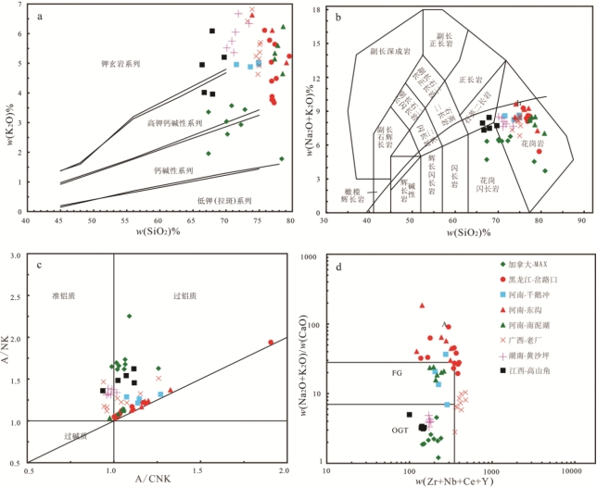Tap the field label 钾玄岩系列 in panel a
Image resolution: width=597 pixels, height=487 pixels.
(x=121, y=64)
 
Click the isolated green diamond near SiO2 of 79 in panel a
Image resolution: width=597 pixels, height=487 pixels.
(x=282, y=159)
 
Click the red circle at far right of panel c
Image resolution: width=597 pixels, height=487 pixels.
(x=271, y=343)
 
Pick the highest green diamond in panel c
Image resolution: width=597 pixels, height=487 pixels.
(x=129, y=316)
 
